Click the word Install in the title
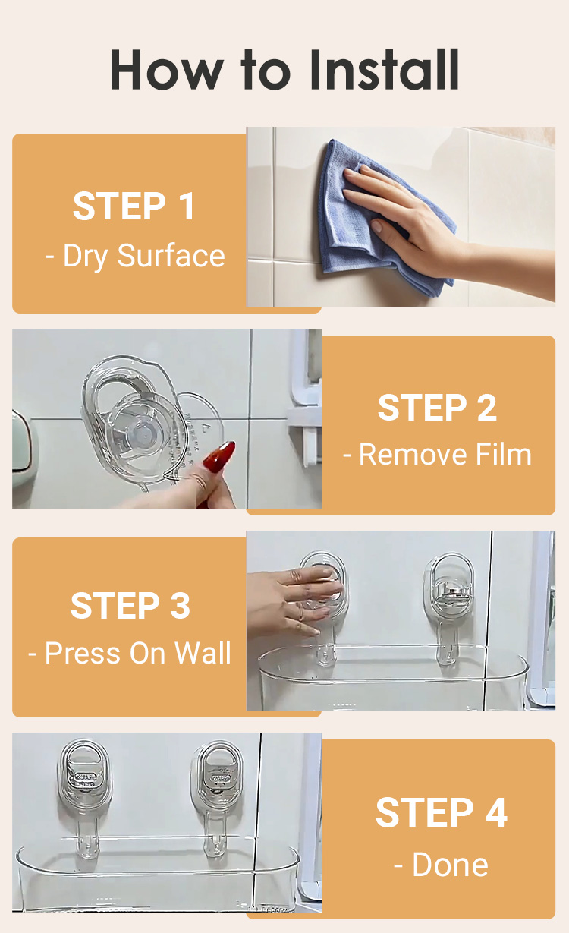tap(383, 70)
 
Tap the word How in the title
tap(167, 70)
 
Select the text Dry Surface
tap(144, 256)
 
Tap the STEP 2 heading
tap(437, 408)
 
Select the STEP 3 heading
tap(130, 605)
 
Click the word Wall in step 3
tap(203, 653)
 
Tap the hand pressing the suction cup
tap(294, 600)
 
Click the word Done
tap(450, 865)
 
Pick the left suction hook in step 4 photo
tap(85, 798)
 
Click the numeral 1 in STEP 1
tap(187, 206)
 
